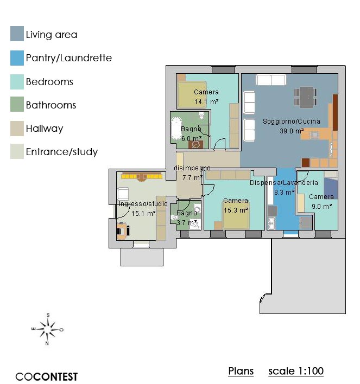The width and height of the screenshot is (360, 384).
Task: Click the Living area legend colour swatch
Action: (x=17, y=34)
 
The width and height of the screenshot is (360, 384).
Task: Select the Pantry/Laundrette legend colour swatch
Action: (x=17, y=58)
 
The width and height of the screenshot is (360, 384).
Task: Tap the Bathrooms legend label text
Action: (x=51, y=105)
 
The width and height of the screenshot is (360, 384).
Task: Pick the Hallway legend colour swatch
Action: (x=17, y=129)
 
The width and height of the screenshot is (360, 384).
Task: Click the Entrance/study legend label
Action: (x=62, y=152)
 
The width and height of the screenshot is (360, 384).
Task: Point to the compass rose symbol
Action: (x=48, y=329)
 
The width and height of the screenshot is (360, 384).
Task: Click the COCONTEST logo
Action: (x=47, y=376)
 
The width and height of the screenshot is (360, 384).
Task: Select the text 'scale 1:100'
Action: (x=296, y=371)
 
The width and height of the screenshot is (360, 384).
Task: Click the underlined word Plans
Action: (x=241, y=371)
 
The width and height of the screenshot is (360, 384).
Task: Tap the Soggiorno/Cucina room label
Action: (x=292, y=121)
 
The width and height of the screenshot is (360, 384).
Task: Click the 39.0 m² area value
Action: (x=292, y=131)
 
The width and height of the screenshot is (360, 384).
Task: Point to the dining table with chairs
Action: (x=306, y=97)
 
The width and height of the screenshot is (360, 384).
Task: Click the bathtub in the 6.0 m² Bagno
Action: (x=176, y=129)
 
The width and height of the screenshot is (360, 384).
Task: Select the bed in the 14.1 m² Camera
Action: (x=192, y=94)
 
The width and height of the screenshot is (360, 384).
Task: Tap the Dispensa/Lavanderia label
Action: (x=284, y=183)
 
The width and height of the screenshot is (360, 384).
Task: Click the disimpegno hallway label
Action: (x=192, y=168)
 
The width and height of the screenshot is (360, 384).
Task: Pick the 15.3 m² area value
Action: (x=236, y=210)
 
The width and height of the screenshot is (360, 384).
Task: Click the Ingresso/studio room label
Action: (x=143, y=204)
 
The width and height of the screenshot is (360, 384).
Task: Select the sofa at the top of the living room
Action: (x=271, y=80)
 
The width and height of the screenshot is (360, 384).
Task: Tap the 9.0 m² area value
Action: (x=322, y=206)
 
